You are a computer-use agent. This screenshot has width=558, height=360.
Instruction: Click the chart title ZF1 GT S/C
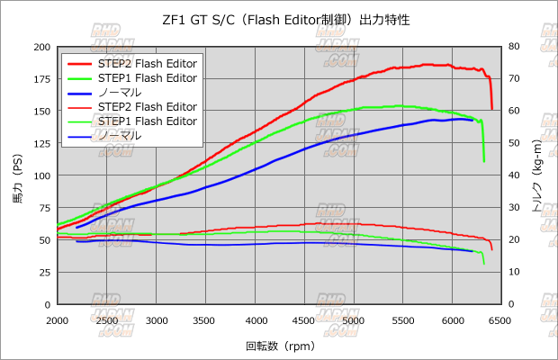pyautogui.click(x=278, y=19)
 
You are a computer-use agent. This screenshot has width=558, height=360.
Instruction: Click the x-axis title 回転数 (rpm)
pyautogui.click(x=278, y=346)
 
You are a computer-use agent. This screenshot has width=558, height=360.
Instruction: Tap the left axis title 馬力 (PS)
pyautogui.click(x=16, y=175)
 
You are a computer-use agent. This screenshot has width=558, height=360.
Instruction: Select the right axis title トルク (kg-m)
pyautogui.click(x=538, y=175)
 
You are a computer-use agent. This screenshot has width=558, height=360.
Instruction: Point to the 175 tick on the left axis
pyautogui.click(x=40, y=79)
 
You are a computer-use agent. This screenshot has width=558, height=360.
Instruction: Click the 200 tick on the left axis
pyautogui.click(x=40, y=47)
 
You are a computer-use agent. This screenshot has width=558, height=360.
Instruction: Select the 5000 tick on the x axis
pyautogui.click(x=353, y=320)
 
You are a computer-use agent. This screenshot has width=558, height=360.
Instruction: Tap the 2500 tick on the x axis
pyautogui.click(x=107, y=320)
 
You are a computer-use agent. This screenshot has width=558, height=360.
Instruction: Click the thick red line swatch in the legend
pyautogui.click(x=82, y=64)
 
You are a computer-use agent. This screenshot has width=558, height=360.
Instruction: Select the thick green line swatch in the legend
pyautogui.click(x=82, y=78)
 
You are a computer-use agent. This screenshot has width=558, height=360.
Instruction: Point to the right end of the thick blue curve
pyautogui.click(x=473, y=120)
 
